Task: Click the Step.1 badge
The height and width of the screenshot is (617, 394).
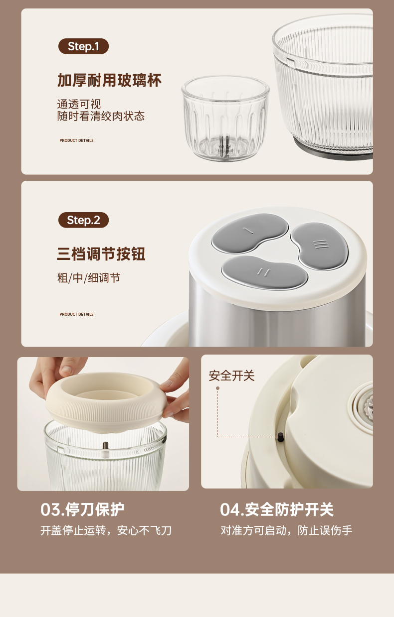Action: tap(83, 46)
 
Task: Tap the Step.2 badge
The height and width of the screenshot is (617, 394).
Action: tap(83, 220)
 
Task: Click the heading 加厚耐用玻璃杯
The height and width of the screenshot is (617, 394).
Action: tap(109, 81)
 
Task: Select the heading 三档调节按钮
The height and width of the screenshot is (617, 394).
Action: tap(101, 253)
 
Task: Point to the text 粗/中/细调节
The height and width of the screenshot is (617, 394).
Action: tap(89, 278)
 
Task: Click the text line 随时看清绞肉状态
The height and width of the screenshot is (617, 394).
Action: tap(101, 116)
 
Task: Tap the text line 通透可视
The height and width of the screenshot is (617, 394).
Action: tap(79, 104)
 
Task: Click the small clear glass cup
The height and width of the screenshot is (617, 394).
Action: tap(225, 119)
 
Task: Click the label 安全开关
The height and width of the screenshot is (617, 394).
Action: tap(231, 375)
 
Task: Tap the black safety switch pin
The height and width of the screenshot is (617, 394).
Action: tap(281, 437)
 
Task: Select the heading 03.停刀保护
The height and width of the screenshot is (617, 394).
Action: tap(82, 509)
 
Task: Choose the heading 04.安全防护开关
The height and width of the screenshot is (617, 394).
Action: tap(277, 509)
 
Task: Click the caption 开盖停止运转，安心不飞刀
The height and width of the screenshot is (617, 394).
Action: tap(106, 530)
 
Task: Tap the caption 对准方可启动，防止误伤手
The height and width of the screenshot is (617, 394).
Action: tap(286, 530)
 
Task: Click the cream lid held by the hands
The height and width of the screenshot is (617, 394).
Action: tap(106, 399)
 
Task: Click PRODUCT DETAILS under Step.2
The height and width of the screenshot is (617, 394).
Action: tap(76, 314)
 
